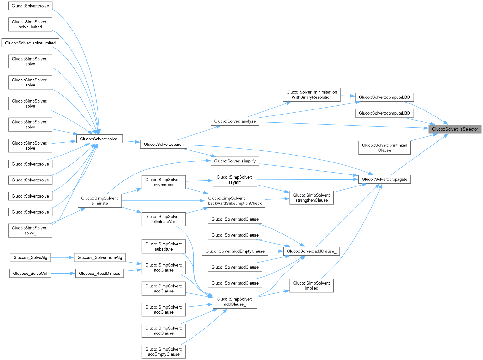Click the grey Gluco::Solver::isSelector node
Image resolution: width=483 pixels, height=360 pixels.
coord(455,129)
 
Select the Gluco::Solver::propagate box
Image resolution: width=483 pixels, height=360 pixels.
coord(384,179)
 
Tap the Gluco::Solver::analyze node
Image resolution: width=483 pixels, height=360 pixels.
coord(235,121)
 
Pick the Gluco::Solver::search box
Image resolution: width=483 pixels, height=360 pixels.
coord(164,144)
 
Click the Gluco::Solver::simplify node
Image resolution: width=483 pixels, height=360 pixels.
coord(235,161)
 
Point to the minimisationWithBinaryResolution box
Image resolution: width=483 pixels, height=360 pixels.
coord(311,95)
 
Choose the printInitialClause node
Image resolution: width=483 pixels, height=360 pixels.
coord(384,148)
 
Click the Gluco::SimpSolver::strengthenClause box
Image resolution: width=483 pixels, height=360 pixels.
coord(311,198)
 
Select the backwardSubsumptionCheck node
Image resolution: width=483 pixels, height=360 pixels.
coord(235,201)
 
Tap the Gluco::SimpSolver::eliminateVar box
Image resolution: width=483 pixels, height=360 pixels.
coord(164,219)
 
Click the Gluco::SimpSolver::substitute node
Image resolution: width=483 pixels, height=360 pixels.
coord(164,246)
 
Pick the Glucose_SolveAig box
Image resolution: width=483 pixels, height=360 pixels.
coord(30,257)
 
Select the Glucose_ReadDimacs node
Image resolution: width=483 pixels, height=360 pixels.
coord(99,273)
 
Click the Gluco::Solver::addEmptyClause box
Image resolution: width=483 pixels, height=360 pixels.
coord(235,251)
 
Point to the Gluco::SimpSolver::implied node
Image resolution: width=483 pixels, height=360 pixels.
coord(311,286)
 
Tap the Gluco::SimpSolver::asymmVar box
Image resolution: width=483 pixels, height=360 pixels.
coord(164,182)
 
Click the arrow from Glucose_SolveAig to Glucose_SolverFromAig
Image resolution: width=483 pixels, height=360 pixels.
coord(62,257)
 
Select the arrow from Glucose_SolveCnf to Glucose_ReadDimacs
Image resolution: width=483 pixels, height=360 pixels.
coord(63,273)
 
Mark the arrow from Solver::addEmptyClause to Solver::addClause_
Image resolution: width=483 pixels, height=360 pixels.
coord(276,251)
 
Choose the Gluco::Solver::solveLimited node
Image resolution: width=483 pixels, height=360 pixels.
coord(30,43)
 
